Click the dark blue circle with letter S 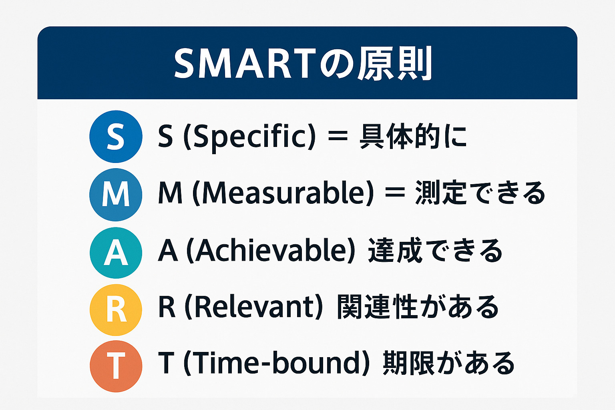[x=116, y=137]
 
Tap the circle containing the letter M [x=116, y=195]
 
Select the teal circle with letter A [x=116, y=253]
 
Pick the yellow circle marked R [x=116, y=310]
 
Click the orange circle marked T [x=116, y=366]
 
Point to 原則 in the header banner [x=394, y=63]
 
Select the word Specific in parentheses [x=249, y=137]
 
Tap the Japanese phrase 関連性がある [x=418, y=307]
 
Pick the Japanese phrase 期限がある [x=449, y=363]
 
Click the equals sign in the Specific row [x=338, y=137]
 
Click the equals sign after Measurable [x=395, y=193]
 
